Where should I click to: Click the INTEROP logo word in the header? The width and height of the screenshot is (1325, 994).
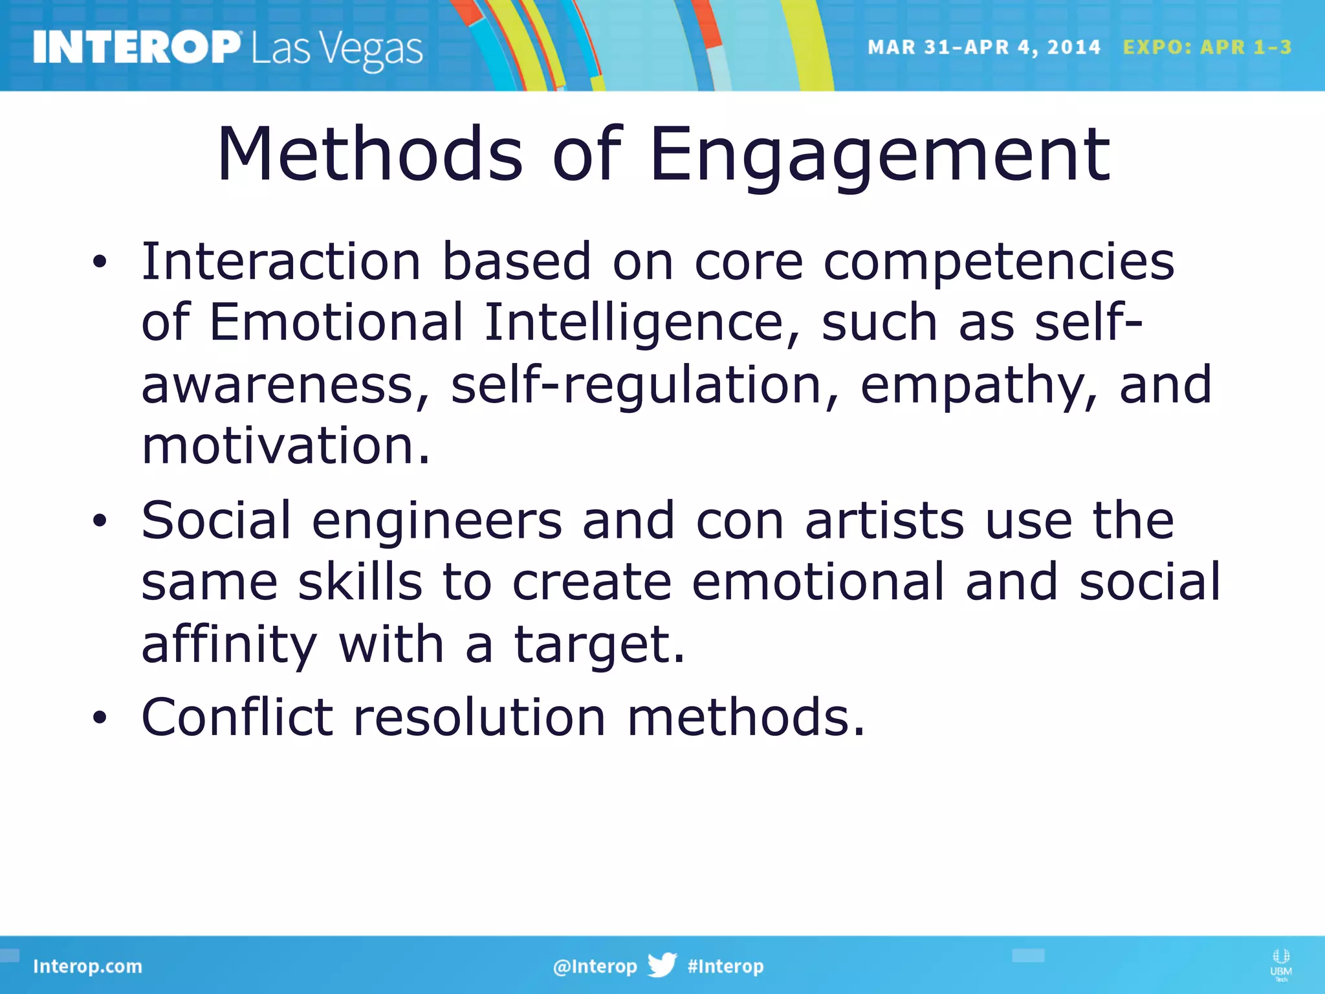click(136, 48)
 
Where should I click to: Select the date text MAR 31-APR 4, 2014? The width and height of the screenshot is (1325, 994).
click(983, 47)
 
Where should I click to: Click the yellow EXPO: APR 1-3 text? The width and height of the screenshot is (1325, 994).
click(1207, 47)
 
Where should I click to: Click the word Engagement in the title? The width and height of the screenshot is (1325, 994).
click(880, 155)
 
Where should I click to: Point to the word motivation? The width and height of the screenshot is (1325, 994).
click(285, 446)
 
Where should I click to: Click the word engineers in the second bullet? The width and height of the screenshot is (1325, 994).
click(437, 521)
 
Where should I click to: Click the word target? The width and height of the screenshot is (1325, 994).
click(598, 645)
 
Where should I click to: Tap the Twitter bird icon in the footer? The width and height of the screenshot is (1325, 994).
click(662, 965)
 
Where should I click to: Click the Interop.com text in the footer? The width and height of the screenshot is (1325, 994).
click(87, 966)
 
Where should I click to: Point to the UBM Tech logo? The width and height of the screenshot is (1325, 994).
click(1281, 964)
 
